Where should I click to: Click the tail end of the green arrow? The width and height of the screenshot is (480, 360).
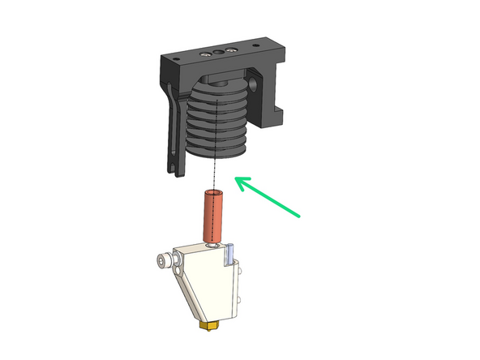[300, 216]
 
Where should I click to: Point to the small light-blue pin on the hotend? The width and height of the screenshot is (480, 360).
[229, 254]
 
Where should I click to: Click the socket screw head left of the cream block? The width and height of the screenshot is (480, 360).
[165, 260]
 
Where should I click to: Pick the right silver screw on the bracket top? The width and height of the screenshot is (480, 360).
[233, 51]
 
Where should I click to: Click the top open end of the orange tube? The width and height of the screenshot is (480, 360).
[212, 194]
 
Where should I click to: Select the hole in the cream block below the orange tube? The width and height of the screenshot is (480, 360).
[212, 244]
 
